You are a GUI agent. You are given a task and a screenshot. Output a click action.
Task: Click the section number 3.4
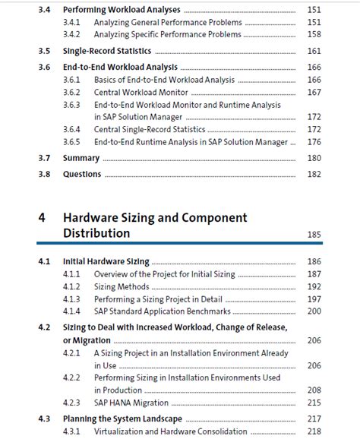tap(43, 10)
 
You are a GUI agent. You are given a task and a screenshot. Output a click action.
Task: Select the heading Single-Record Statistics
tap(107, 51)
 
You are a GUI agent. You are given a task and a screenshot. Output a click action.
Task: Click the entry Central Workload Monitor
tap(142, 93)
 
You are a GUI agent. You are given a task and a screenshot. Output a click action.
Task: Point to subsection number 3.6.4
tap(72, 130)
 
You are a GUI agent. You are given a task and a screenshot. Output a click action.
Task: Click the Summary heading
tap(81, 158)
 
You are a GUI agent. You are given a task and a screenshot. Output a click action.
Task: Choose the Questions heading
tap(82, 174)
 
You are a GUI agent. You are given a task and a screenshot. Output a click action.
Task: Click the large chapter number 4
tap(43, 218)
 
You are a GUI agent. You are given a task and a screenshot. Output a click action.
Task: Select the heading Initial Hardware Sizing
tap(106, 261)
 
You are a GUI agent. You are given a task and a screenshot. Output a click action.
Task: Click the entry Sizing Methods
tap(122, 287)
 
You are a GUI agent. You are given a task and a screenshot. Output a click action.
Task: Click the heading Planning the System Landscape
tap(122, 418)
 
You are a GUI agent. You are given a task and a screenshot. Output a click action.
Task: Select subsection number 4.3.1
tap(72, 431)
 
